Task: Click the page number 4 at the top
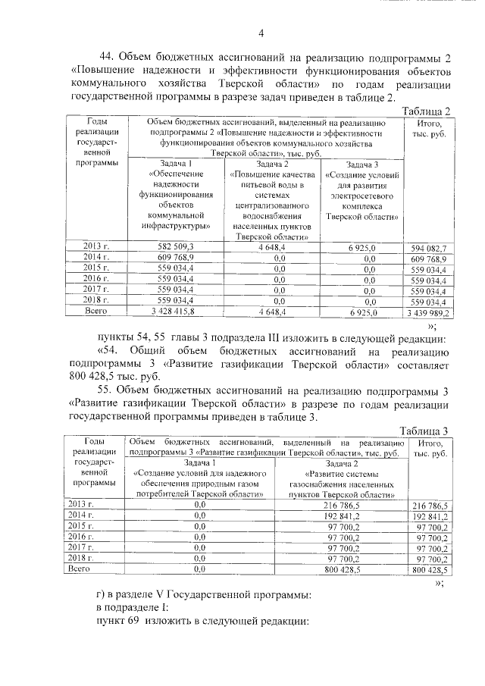coord(260,33)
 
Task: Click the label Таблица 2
coord(429,111)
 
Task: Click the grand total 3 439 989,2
coord(429,312)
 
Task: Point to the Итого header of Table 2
coord(429,128)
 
